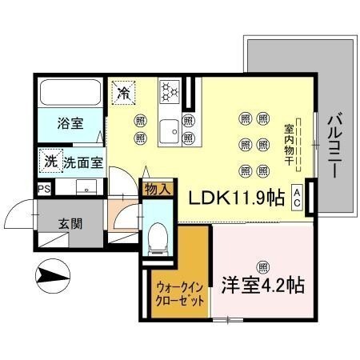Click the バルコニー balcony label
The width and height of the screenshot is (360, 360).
click(x=334, y=146)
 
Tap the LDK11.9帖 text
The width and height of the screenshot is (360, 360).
click(x=237, y=198)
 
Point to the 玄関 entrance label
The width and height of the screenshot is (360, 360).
click(x=66, y=223)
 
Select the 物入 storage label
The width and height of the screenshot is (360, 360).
click(x=158, y=190)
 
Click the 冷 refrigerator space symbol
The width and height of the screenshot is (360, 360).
click(x=123, y=93)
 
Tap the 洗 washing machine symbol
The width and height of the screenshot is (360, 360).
click(x=50, y=161)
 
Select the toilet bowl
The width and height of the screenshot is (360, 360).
click(x=157, y=236)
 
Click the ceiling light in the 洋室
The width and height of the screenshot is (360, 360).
click(x=262, y=266)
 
